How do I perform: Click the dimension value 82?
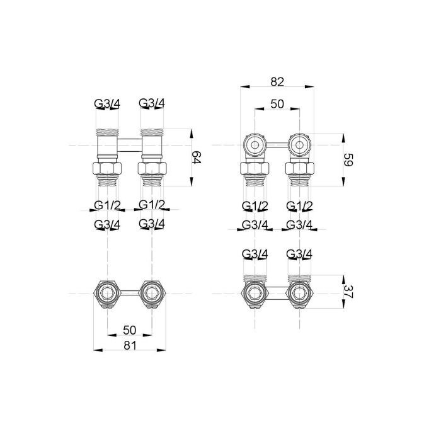[x=277, y=81]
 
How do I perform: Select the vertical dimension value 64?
[x=197, y=157]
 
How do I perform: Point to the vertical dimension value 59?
[x=348, y=159]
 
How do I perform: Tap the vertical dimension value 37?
[x=348, y=292]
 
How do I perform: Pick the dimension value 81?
[x=130, y=345]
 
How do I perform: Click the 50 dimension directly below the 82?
[x=277, y=104]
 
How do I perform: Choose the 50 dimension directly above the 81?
[x=130, y=330]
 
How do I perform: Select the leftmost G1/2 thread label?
[x=107, y=205]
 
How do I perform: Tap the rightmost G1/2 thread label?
[x=299, y=206]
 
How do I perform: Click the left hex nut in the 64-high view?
[x=107, y=168]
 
